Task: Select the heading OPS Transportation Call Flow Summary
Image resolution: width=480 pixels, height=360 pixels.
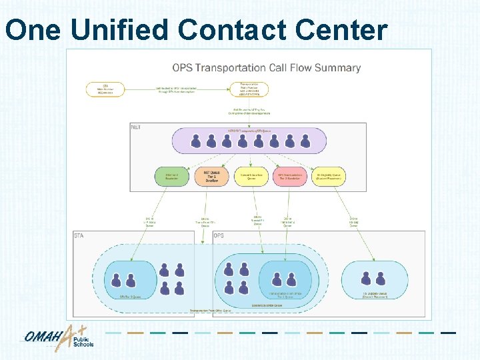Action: [x=266, y=67]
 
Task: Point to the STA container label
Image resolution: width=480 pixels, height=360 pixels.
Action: [x=79, y=235]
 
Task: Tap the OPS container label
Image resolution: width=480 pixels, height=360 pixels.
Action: [x=219, y=235]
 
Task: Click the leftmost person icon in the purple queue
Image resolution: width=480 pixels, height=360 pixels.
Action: [x=196, y=141]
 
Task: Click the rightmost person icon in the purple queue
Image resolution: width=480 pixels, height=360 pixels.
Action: [x=305, y=141]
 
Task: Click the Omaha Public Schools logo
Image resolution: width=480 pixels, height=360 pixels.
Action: [x=60, y=338]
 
